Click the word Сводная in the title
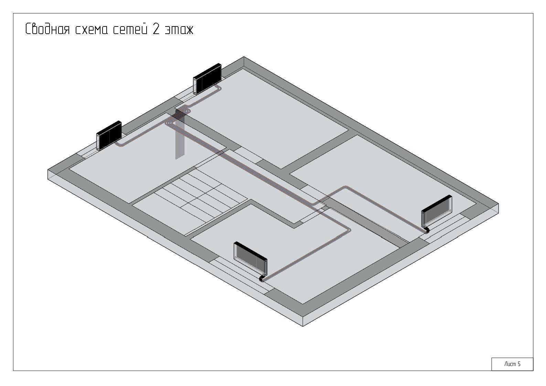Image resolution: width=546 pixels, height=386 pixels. (x=47, y=29)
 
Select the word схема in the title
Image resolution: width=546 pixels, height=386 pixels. (x=91, y=30)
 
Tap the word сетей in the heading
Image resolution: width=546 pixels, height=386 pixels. (x=130, y=29)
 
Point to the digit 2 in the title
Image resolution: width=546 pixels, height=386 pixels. (x=156, y=29)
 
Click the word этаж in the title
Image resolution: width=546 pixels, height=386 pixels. (x=179, y=30)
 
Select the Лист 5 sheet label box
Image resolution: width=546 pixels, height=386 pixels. (x=512, y=364)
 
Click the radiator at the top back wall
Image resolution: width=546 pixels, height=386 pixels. (x=207, y=79)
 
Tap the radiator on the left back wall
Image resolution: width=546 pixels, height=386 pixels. (x=109, y=136)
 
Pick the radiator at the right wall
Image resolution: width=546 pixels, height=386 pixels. (x=437, y=211)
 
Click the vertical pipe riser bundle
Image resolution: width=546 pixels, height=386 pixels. (x=180, y=134)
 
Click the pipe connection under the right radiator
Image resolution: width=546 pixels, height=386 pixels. (x=427, y=230)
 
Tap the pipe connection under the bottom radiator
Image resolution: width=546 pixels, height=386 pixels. (x=262, y=278)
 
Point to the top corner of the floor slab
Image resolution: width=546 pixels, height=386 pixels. (x=244, y=57)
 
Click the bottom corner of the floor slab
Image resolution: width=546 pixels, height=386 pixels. (x=303, y=326)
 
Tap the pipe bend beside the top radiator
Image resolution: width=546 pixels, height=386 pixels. (x=219, y=87)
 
